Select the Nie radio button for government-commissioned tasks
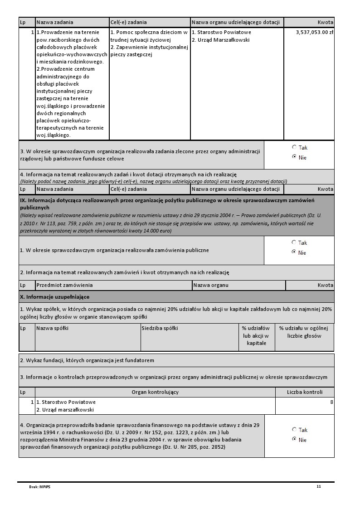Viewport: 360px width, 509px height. (294, 157)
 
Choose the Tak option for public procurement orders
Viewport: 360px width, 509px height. (294, 242)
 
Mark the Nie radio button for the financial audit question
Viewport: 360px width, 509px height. (294, 439)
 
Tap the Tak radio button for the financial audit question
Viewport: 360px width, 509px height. (294, 429)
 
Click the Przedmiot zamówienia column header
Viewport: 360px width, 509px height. (64, 285)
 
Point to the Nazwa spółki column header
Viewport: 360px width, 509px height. (52, 328)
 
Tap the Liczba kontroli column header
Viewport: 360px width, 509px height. (305, 392)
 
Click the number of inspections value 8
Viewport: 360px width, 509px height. (331, 402)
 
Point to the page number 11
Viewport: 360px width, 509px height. (319, 486)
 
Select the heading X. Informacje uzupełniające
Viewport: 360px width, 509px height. (55, 297)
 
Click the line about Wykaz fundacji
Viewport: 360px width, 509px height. (87, 360)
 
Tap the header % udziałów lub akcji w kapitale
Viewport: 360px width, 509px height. (256, 335)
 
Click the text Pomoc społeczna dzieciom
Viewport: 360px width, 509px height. (149, 33)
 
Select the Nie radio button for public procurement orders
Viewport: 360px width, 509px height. (294, 252)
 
